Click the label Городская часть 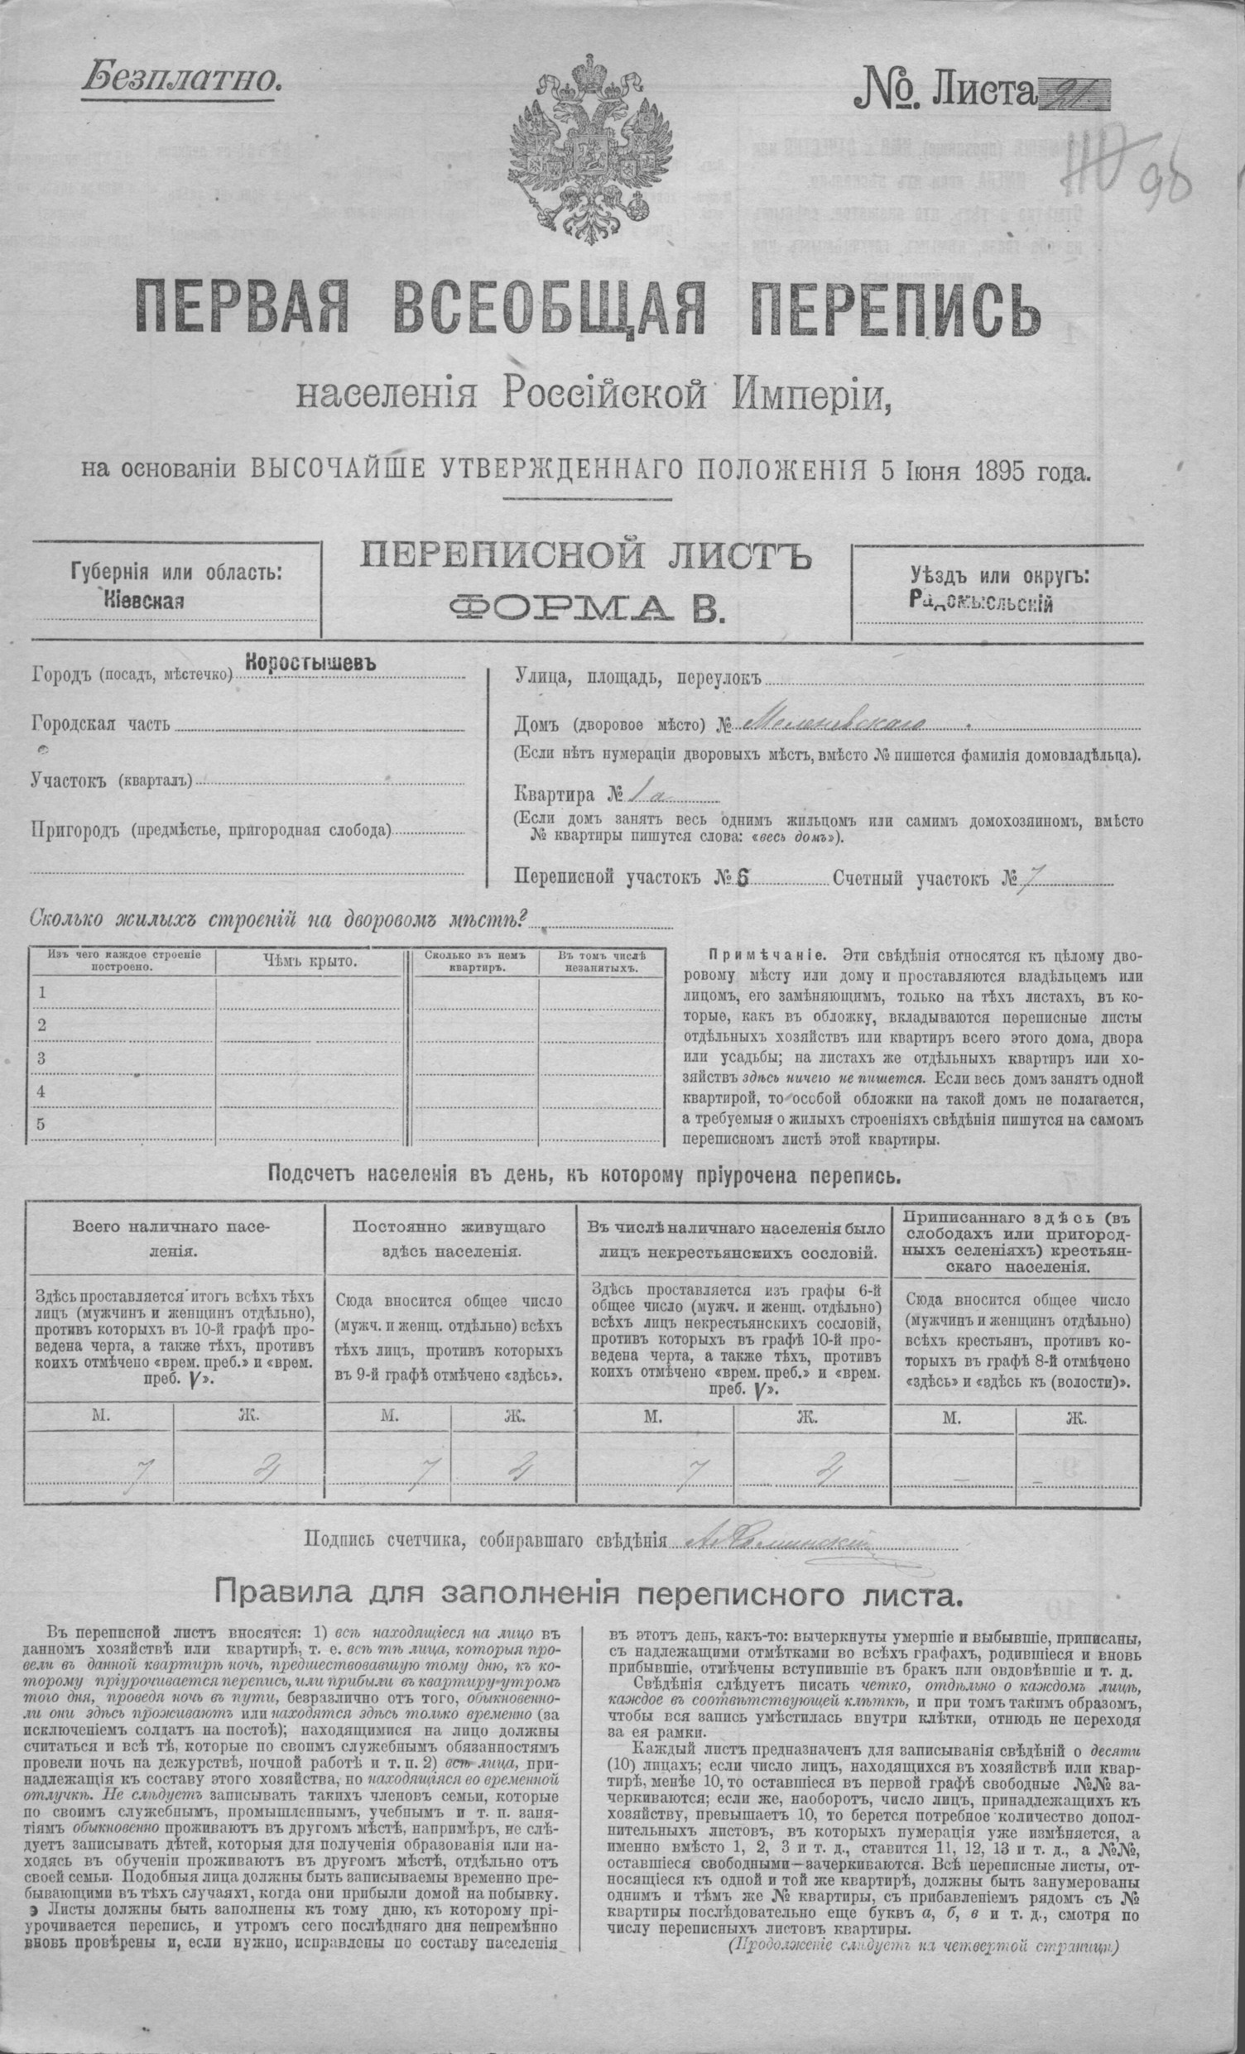coord(102,723)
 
